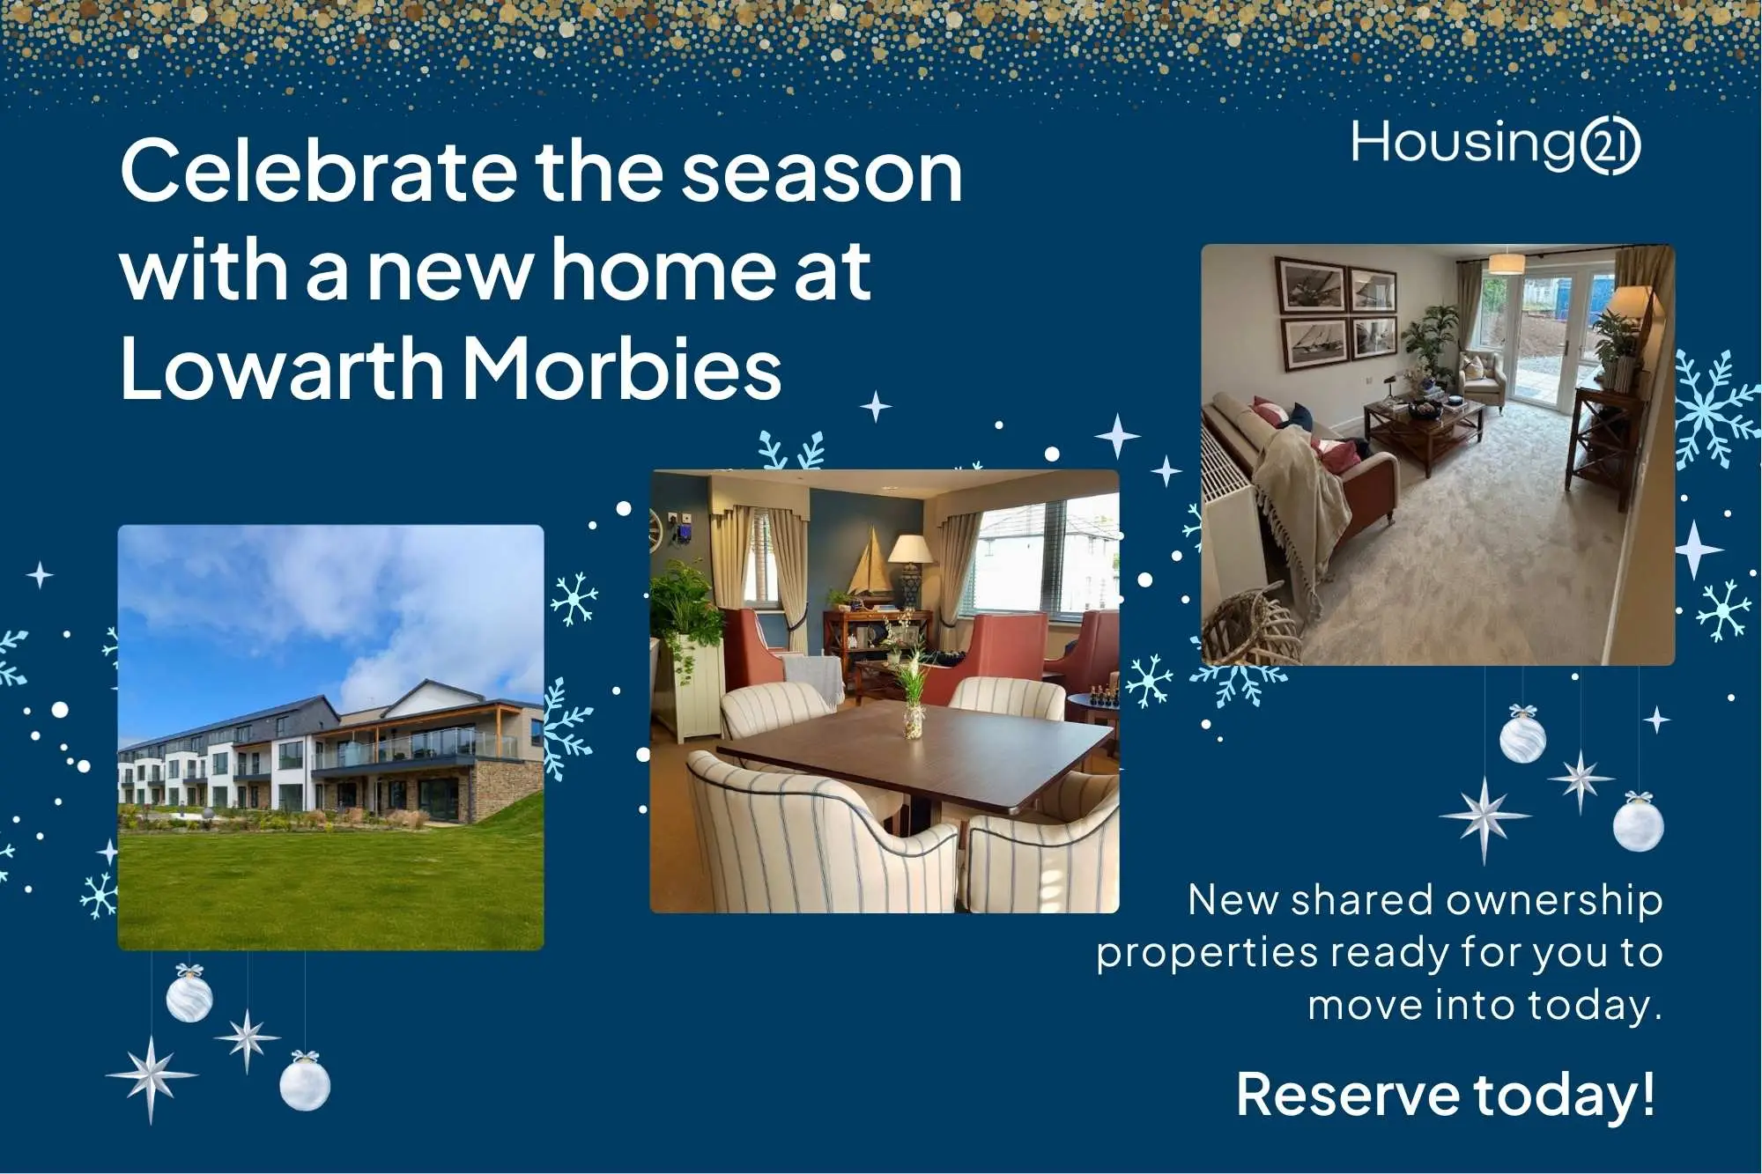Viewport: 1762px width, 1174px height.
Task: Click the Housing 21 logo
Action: tap(1494, 145)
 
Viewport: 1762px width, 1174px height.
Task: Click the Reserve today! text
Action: tap(1445, 1095)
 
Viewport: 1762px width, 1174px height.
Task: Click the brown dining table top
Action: tap(916, 757)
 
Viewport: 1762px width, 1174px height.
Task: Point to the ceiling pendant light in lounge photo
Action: tap(1507, 263)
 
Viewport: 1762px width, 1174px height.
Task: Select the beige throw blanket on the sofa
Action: tap(1299, 502)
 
